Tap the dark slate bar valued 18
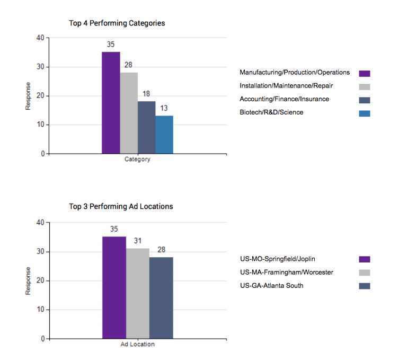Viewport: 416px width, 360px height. [147, 127]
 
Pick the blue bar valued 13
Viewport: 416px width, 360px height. [164, 135]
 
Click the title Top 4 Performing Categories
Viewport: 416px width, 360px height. [117, 23]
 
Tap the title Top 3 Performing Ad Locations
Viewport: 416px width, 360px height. [121, 206]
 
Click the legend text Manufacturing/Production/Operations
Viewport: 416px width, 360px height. [295, 73]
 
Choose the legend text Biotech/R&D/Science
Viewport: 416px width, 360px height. [271, 112]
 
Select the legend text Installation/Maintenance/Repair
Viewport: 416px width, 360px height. [286, 86]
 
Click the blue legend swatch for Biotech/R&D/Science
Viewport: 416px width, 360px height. [365, 113]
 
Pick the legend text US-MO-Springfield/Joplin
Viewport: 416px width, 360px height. [281, 259]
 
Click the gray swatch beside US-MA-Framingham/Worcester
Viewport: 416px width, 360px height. [365, 273]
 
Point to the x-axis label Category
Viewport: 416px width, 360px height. [137, 160]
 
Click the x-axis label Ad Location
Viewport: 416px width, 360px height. [137, 345]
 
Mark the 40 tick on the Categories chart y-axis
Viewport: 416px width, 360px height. [40, 38]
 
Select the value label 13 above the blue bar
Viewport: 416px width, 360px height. [164, 109]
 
